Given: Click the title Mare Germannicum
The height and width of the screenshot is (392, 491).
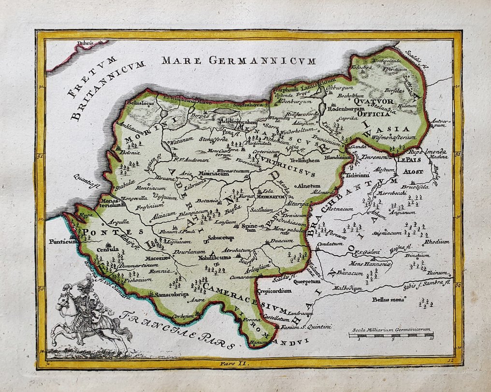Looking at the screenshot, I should pyautogui.click(x=238, y=61).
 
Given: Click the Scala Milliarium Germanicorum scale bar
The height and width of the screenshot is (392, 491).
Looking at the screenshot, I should pyautogui.click(x=391, y=334).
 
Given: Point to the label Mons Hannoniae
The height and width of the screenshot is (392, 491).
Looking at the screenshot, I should pyautogui.click(x=370, y=263).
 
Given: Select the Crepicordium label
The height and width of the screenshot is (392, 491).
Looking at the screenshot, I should pyautogui.click(x=274, y=291).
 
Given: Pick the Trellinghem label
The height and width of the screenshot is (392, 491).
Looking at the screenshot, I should pyautogui.click(x=304, y=160).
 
